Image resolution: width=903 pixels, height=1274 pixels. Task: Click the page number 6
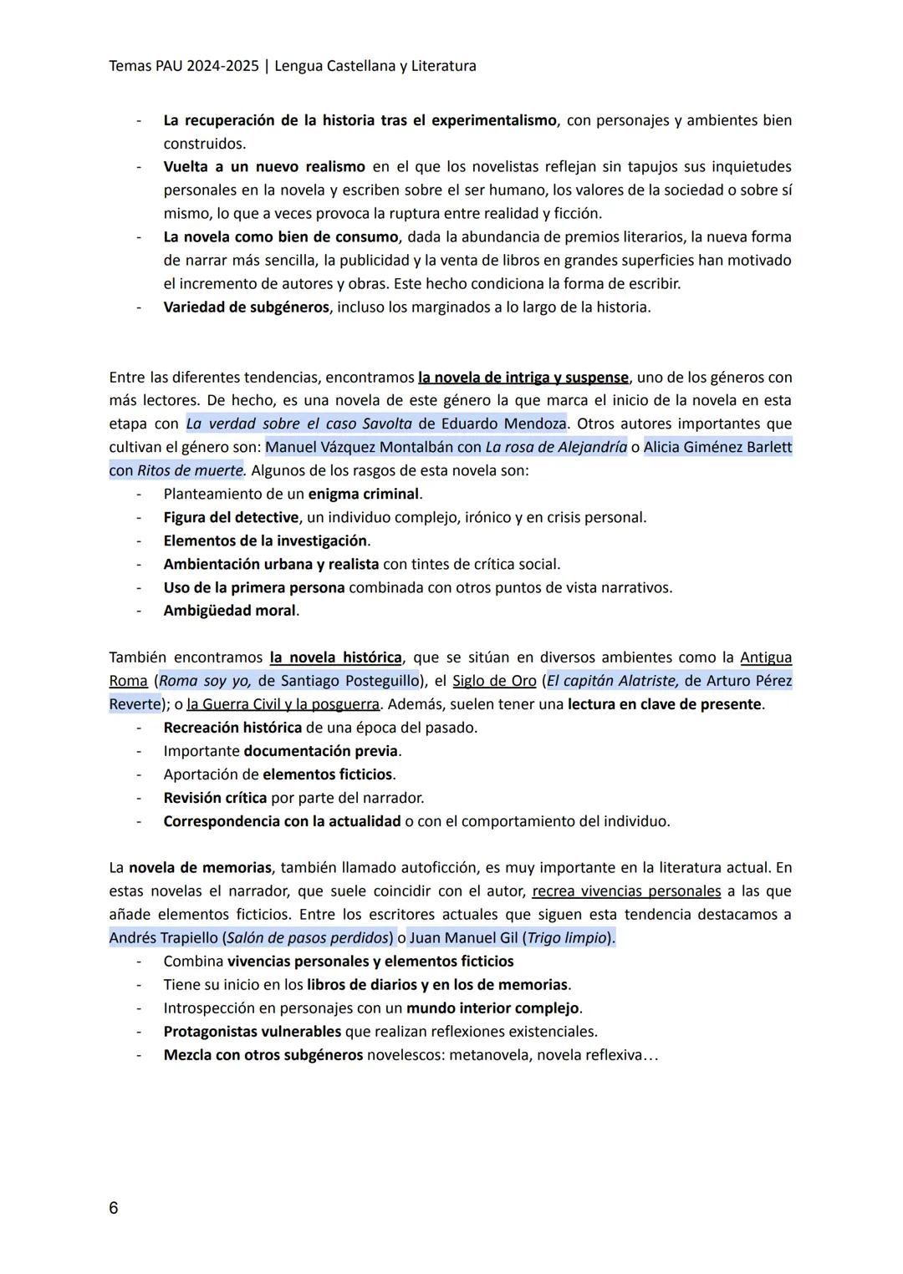click(x=114, y=1208)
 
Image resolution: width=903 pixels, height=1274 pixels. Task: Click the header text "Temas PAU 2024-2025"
click(x=183, y=65)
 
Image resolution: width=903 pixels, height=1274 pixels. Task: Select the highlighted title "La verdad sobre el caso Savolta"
click(x=298, y=424)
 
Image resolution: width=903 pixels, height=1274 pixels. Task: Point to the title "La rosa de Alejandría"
click(x=555, y=447)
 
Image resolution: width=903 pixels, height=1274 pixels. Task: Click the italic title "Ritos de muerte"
click(x=190, y=470)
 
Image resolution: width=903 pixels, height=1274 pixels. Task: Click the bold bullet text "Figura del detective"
click(x=231, y=517)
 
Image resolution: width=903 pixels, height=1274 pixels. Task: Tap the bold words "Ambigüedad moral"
click(x=230, y=611)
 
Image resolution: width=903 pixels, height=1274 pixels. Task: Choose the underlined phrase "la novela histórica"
click(x=335, y=657)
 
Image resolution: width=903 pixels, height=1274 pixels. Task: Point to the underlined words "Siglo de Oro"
click(x=494, y=681)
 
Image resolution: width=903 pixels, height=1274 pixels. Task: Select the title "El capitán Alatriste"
click(x=612, y=681)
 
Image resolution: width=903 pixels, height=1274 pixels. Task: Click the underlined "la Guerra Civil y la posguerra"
click(x=284, y=704)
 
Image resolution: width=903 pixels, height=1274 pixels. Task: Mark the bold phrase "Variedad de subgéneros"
click(x=246, y=307)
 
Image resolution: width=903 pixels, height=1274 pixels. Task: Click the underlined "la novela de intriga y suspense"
click(x=523, y=377)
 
